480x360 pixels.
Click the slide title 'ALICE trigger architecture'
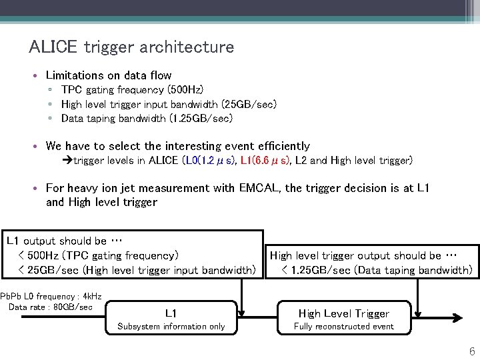pos(131,47)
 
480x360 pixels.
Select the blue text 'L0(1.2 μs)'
pos(209,161)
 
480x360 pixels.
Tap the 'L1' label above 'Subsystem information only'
pos(171,313)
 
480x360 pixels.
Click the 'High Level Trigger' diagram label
pos(344,313)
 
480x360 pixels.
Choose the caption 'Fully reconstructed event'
pos(344,327)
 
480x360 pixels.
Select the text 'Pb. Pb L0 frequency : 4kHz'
pos(51,296)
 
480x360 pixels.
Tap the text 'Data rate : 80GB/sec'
pos(51,307)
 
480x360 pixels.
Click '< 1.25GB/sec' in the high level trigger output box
pos(316,270)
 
